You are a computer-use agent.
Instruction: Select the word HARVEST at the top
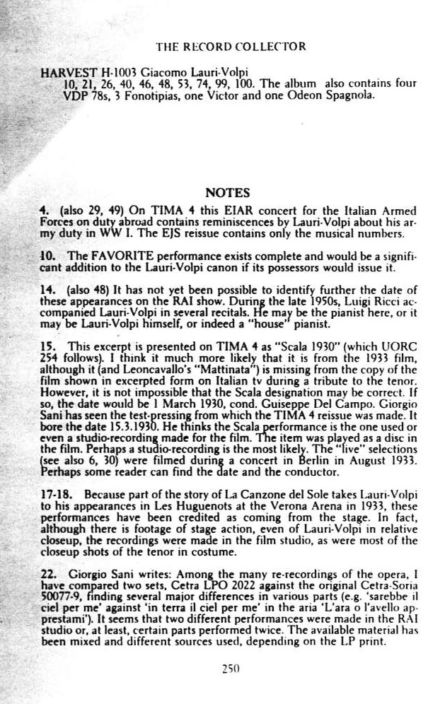pos(66,73)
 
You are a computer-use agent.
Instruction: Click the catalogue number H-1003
pos(115,73)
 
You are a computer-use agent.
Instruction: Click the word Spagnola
pos(349,94)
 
